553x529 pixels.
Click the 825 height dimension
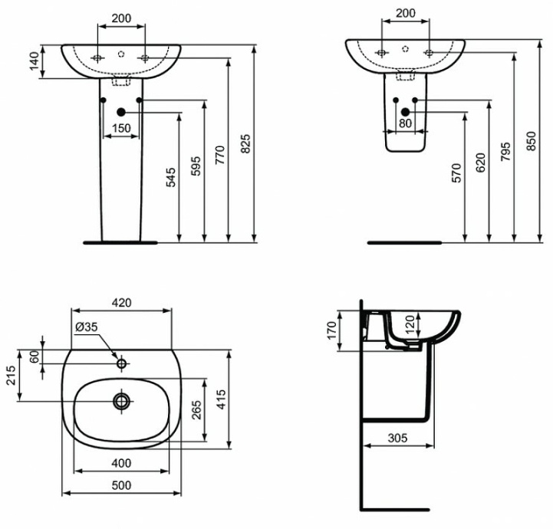click(245, 143)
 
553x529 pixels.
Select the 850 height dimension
click(531, 143)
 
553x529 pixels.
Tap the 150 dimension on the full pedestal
click(120, 128)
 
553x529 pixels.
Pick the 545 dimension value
click(170, 178)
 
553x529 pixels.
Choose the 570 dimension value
click(456, 173)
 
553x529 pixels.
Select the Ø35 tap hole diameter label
click(86, 327)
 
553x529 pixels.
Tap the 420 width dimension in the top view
click(121, 303)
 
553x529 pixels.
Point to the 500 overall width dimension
click(121, 485)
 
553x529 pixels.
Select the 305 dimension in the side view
click(396, 439)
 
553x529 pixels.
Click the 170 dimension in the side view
click(332, 330)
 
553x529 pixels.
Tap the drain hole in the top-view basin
click(121, 400)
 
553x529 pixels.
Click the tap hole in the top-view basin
click(121, 362)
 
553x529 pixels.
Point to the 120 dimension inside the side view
click(410, 325)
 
